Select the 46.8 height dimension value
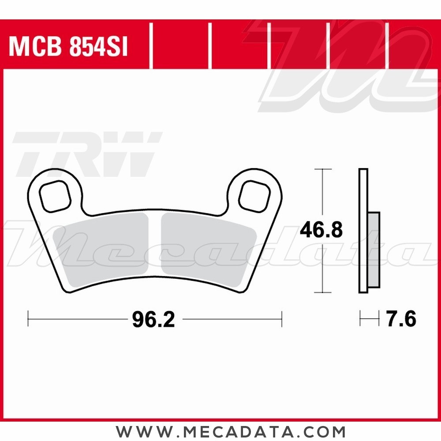pyautogui.click(x=321, y=230)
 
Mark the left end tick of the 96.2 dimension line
pyautogui.click(x=28, y=318)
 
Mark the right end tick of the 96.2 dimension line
pyautogui.click(x=281, y=318)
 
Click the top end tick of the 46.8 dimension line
pyautogui.click(x=323, y=169)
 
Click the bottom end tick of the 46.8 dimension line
pyautogui.click(x=323, y=292)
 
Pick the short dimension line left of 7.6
pyautogui.click(x=369, y=319)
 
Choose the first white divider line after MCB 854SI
pyautogui.click(x=151, y=46)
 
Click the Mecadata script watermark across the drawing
pyautogui.click(x=229, y=247)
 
